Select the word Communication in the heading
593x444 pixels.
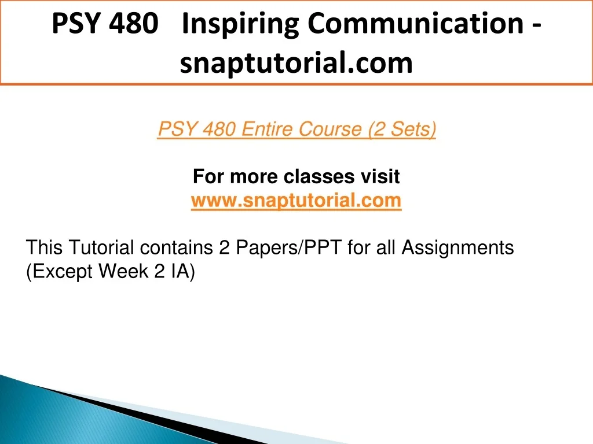416,23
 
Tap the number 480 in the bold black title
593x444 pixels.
134,23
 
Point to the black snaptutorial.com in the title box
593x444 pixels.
296,64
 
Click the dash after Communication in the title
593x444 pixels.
537,25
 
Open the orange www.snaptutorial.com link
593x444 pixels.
296,201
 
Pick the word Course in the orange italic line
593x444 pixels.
330,129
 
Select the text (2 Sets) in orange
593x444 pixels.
402,129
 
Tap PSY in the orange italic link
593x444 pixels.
177,129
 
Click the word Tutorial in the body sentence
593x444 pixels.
101,247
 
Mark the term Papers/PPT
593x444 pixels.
289,247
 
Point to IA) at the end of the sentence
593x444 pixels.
182,272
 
